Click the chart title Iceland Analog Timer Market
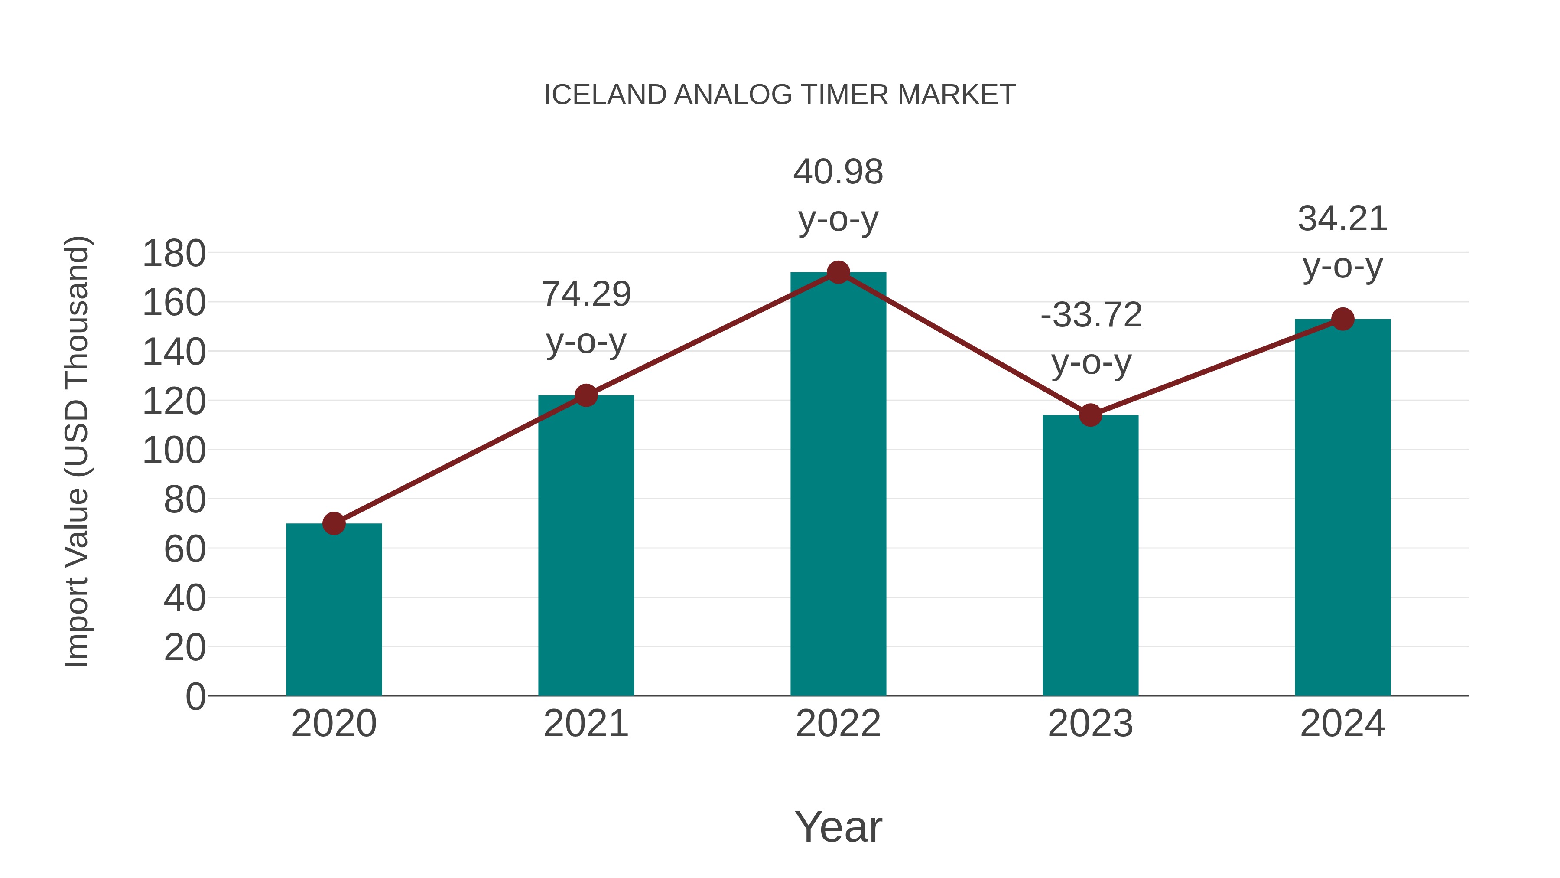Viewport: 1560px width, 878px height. coord(780,95)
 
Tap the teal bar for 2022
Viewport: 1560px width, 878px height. coord(838,485)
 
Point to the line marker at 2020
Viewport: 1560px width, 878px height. coord(334,523)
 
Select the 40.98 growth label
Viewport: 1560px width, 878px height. coord(838,195)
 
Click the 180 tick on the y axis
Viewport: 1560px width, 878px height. coord(174,254)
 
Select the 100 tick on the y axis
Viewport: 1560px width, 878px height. coord(174,451)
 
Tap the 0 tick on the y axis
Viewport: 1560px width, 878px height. coord(195,696)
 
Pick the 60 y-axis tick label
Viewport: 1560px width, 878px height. coord(184,550)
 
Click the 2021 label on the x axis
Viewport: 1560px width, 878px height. coord(585,724)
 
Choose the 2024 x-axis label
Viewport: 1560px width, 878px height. coord(1342,724)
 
